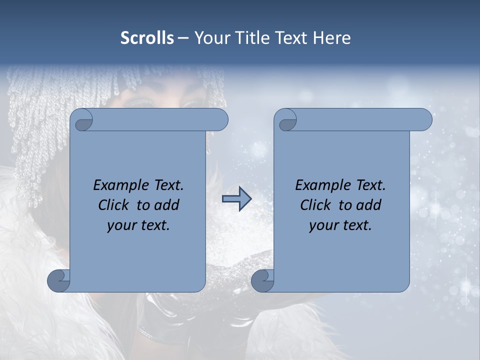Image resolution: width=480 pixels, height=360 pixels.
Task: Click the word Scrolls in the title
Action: [147, 38]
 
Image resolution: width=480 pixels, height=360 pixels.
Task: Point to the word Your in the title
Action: [212, 38]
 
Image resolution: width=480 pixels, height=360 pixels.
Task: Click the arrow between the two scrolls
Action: [236, 199]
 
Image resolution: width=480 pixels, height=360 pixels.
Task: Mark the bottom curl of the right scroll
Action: [262, 280]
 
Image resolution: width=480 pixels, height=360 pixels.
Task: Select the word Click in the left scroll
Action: [114, 205]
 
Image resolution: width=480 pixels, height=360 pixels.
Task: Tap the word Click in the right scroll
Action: [316, 205]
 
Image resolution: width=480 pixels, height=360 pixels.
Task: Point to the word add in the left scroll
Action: [167, 205]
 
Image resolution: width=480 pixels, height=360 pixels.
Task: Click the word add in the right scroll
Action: [369, 205]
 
